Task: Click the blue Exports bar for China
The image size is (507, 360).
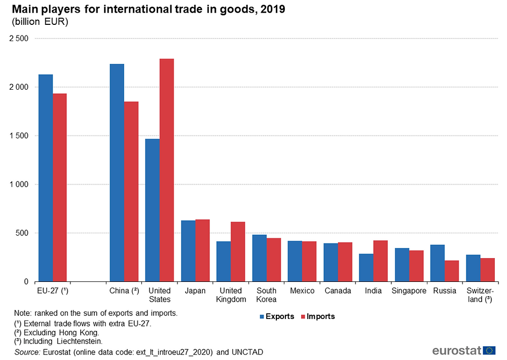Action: click(117, 172)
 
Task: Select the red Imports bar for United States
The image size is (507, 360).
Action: click(167, 170)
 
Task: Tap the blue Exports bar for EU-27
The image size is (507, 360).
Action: click(46, 177)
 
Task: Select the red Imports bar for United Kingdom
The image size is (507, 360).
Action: click(238, 251)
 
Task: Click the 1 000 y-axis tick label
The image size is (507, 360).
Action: click(18, 185)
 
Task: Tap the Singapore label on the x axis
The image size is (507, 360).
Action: click(409, 291)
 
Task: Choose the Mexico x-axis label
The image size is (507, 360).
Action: click(302, 291)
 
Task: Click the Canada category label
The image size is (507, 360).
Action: click(338, 291)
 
